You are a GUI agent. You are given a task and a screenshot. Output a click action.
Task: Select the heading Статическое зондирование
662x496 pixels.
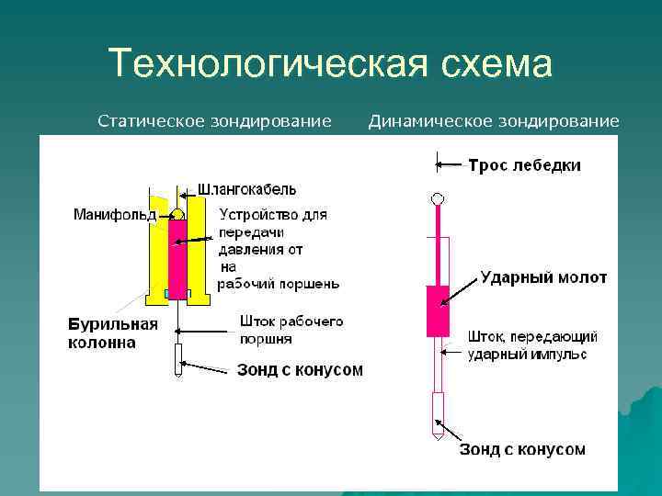(x=214, y=120)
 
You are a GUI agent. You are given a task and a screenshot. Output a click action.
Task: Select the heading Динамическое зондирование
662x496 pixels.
(x=494, y=120)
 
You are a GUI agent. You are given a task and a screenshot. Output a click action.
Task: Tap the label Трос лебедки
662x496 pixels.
(x=524, y=165)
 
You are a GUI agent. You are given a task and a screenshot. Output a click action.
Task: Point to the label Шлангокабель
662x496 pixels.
(x=246, y=190)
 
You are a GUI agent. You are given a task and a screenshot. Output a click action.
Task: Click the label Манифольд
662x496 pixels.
(x=114, y=215)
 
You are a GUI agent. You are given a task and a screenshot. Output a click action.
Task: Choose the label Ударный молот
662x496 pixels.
(x=543, y=277)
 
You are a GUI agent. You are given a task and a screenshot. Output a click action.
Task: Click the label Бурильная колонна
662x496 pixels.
(x=112, y=333)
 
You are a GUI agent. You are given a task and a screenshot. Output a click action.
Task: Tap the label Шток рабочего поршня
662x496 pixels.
(x=291, y=330)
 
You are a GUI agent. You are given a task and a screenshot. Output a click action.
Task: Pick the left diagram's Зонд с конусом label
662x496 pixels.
(x=300, y=370)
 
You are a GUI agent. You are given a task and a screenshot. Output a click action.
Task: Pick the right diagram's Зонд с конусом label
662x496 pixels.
(x=522, y=449)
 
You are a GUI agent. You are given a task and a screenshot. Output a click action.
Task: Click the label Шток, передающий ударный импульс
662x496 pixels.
(x=533, y=345)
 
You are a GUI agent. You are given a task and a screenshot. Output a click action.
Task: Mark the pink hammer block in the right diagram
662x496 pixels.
(x=438, y=310)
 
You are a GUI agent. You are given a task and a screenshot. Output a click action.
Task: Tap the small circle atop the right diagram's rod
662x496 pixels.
(x=438, y=198)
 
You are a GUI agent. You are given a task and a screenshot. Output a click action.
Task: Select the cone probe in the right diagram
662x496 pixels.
(x=438, y=412)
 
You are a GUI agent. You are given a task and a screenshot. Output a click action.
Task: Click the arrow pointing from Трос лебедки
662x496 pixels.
(x=450, y=165)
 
